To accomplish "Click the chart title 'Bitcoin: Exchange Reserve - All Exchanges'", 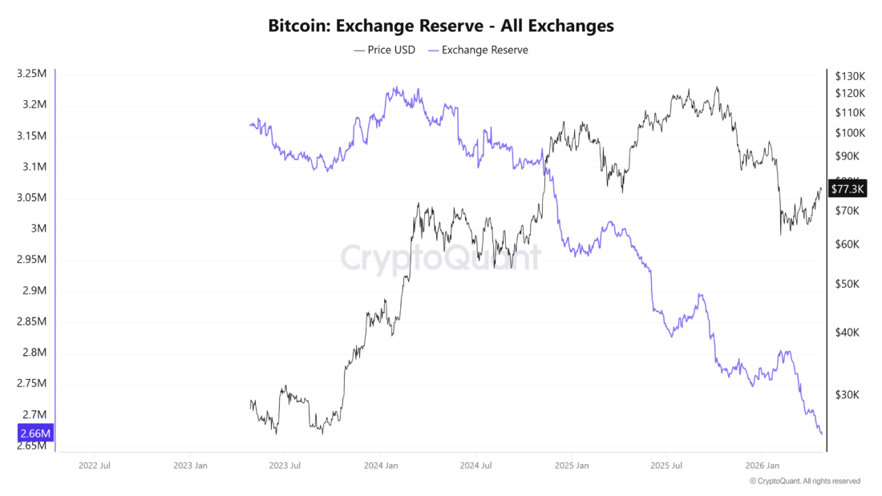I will (441, 26).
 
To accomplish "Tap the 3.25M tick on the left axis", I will (31, 74).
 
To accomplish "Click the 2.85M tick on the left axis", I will (31, 321).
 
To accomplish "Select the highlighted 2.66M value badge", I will (34, 433).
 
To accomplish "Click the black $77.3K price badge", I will (848, 189).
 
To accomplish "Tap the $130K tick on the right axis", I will (849, 76).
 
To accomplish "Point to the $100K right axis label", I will (849, 133).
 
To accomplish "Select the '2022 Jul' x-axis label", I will (94, 465).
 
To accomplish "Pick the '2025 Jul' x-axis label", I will (668, 465).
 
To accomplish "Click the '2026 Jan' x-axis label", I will (762, 465).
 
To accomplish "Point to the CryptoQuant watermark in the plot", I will (441, 258).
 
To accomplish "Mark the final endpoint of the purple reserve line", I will (822, 434).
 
